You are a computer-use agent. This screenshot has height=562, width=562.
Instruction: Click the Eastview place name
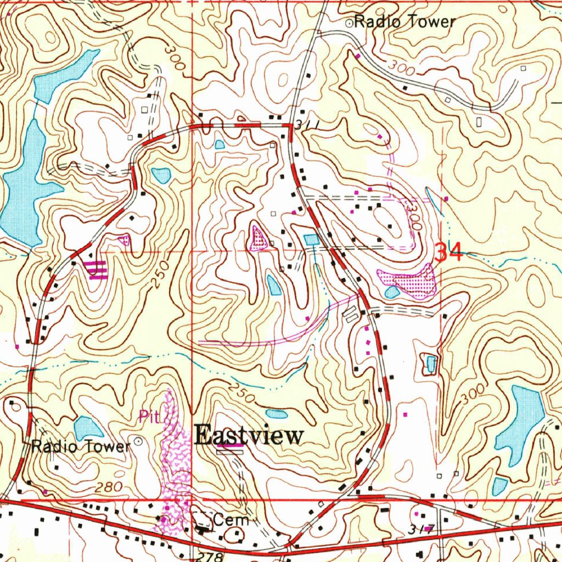click(249, 436)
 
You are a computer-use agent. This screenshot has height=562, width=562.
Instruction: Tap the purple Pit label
click(148, 417)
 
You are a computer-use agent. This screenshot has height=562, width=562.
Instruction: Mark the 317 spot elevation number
click(421, 530)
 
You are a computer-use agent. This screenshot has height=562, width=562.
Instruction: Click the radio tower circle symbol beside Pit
click(138, 441)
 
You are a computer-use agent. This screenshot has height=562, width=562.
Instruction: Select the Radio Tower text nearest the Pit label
click(81, 446)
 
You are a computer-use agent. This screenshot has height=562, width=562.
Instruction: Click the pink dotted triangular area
click(257, 238)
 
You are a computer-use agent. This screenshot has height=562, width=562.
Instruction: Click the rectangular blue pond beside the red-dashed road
click(311, 240)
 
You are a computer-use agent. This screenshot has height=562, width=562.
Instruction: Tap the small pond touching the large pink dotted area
click(392, 291)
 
